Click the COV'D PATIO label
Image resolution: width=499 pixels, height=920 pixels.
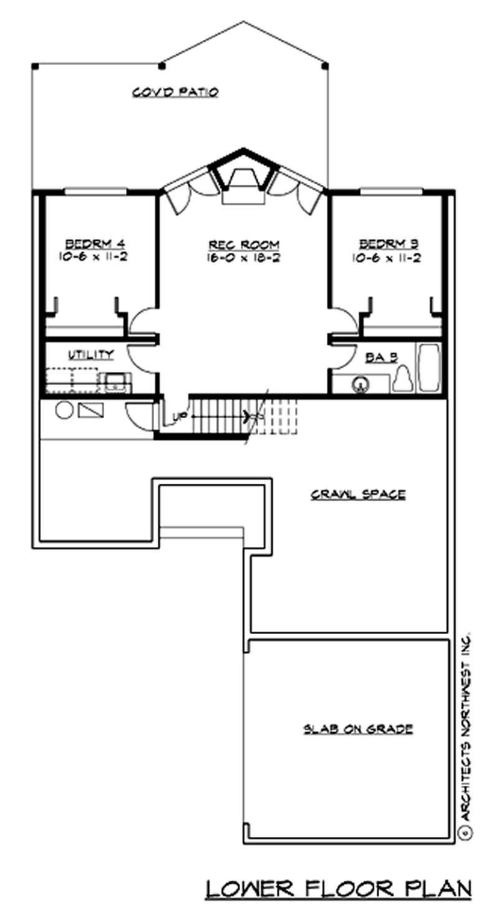tap(175, 92)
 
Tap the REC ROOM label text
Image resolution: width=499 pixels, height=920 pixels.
tap(243, 244)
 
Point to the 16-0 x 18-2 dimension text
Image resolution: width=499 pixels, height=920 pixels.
tap(243, 257)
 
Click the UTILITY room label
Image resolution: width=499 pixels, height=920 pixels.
tap(91, 355)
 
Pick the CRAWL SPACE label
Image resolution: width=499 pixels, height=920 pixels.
tap(358, 494)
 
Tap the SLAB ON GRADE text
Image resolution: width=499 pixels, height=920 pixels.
tap(358, 728)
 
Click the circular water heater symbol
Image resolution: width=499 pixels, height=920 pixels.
tap(63, 411)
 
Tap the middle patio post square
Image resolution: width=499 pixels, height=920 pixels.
tap(162, 65)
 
